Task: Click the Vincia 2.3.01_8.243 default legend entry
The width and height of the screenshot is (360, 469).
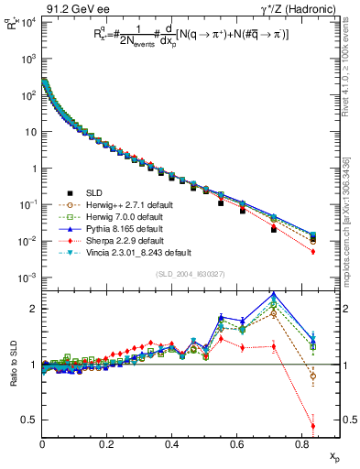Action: (137, 252)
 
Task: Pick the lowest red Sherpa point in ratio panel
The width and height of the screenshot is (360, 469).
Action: (313, 426)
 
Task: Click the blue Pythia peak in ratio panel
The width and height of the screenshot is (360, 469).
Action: (274, 295)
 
